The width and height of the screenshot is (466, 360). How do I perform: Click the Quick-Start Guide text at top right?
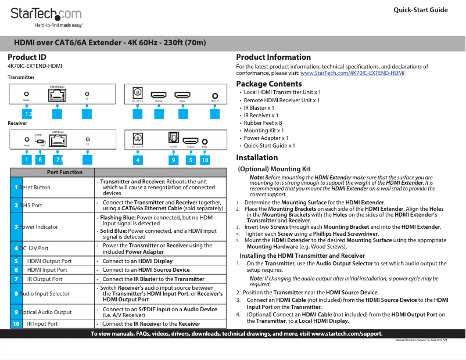coord(420,10)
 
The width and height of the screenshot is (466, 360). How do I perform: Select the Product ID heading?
coord(27,57)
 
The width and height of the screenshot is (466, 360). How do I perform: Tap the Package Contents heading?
coord(268,84)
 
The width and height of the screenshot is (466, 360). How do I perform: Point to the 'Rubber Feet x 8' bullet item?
coord(263,123)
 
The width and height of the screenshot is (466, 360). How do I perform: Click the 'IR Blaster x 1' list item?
coord(259,108)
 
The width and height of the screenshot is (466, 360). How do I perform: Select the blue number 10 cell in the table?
coord(16,323)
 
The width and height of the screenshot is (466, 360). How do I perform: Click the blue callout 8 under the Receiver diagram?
coord(40,159)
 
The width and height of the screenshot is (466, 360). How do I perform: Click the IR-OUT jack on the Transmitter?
coord(216,96)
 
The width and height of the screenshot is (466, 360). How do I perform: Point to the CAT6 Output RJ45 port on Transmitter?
coord(57,96)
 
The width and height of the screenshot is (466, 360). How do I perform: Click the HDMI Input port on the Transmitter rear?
coord(182,95)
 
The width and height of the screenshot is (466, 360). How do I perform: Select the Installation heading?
coord(257,158)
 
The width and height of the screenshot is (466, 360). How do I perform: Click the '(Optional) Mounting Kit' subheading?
coord(274,169)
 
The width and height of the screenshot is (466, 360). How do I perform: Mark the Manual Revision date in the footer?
coord(421,340)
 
